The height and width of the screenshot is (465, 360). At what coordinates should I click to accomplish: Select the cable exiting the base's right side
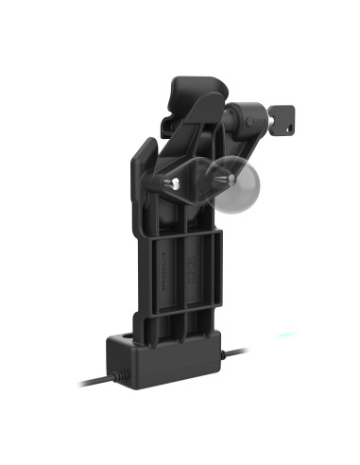(x=236, y=353)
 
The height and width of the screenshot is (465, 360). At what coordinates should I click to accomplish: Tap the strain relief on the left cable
(x=119, y=376)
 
